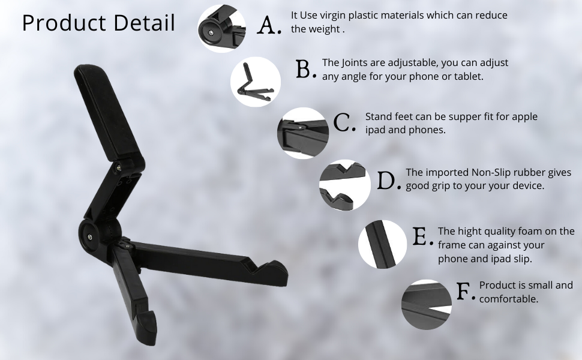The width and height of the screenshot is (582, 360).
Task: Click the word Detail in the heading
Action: (145, 22)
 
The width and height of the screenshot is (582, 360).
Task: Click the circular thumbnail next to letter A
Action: (222, 29)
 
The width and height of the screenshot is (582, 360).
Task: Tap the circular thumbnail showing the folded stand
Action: (256, 82)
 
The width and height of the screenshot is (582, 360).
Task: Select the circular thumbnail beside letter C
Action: (303, 133)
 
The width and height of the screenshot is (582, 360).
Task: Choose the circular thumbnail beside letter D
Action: (345, 185)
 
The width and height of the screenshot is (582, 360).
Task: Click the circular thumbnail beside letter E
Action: (382, 244)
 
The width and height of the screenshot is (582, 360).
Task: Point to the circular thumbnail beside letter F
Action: (427, 305)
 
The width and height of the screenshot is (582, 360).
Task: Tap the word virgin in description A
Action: (332, 16)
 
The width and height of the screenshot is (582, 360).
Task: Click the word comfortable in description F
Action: (509, 299)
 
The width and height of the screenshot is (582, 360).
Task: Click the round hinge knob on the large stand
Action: (89, 236)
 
